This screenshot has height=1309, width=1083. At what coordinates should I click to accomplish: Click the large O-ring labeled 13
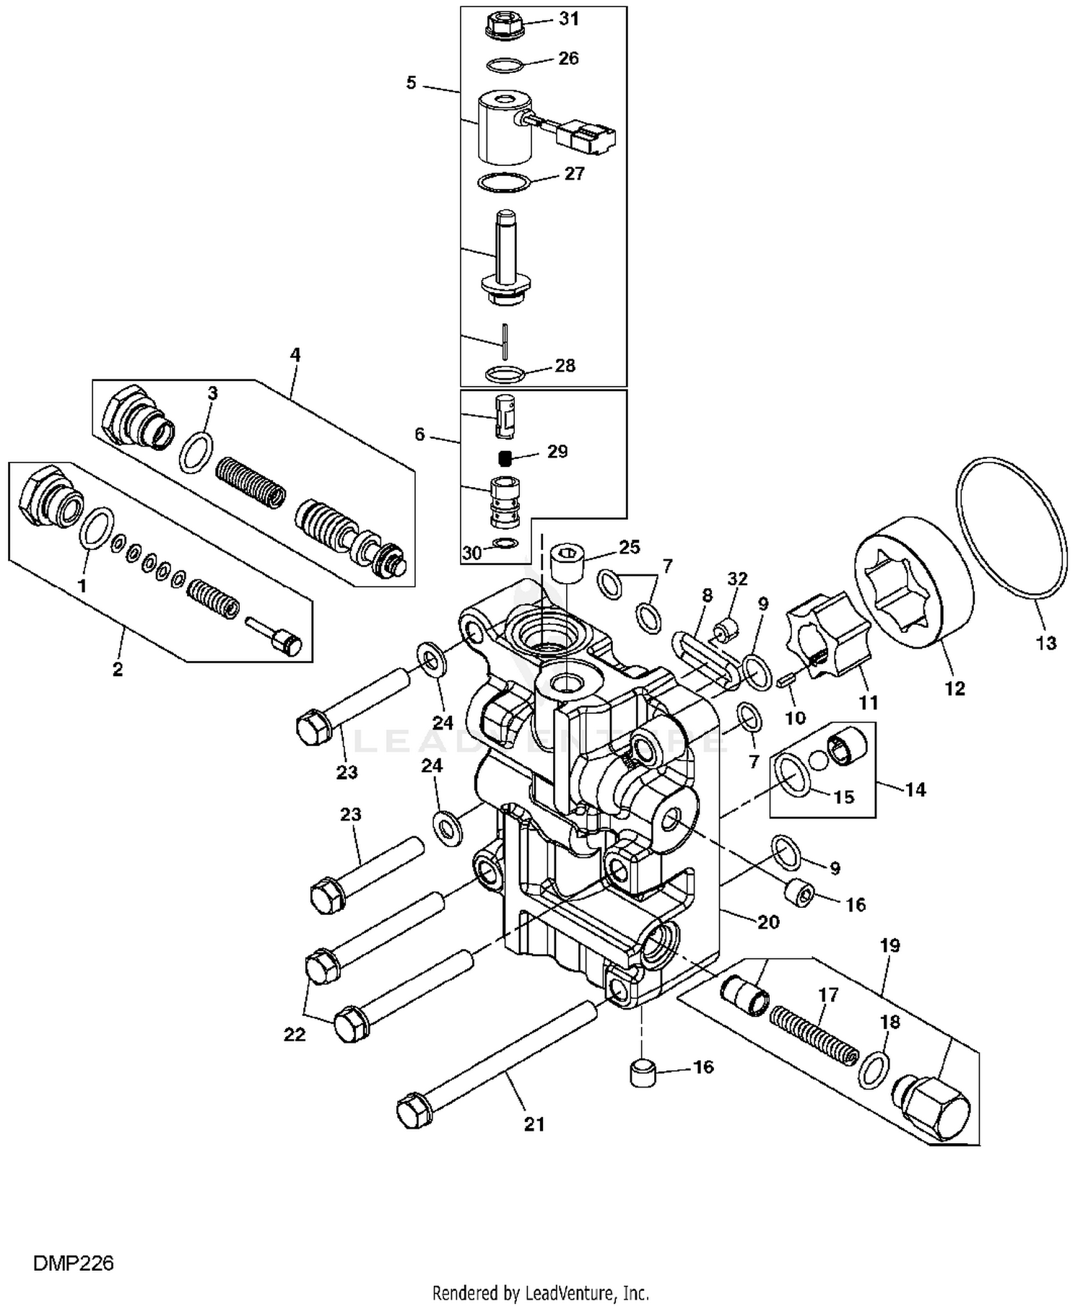pos(1012,528)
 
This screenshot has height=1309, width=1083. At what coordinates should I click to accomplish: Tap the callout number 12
pos(954,688)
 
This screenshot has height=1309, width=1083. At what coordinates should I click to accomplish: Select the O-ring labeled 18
pos(874,1069)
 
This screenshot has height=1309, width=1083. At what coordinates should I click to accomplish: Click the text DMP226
pos(73,1264)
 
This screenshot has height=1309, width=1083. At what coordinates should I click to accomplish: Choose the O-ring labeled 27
pos(505,181)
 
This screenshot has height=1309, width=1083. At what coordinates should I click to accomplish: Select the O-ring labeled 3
pos(196,453)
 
